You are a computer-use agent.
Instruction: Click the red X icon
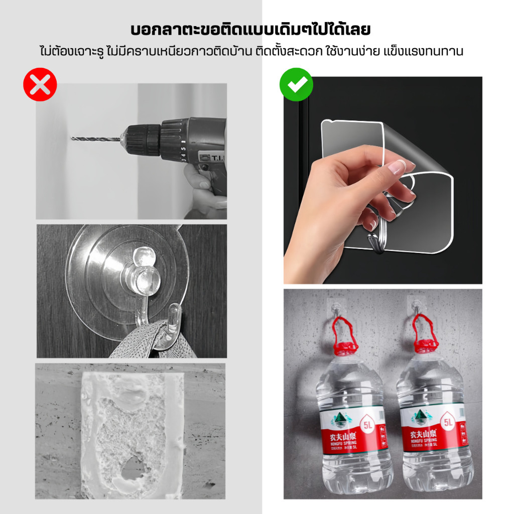point(40,84)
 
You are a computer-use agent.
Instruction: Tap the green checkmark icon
point(296,84)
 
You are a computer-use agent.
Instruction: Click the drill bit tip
point(73,138)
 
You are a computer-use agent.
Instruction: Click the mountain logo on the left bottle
point(339,416)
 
